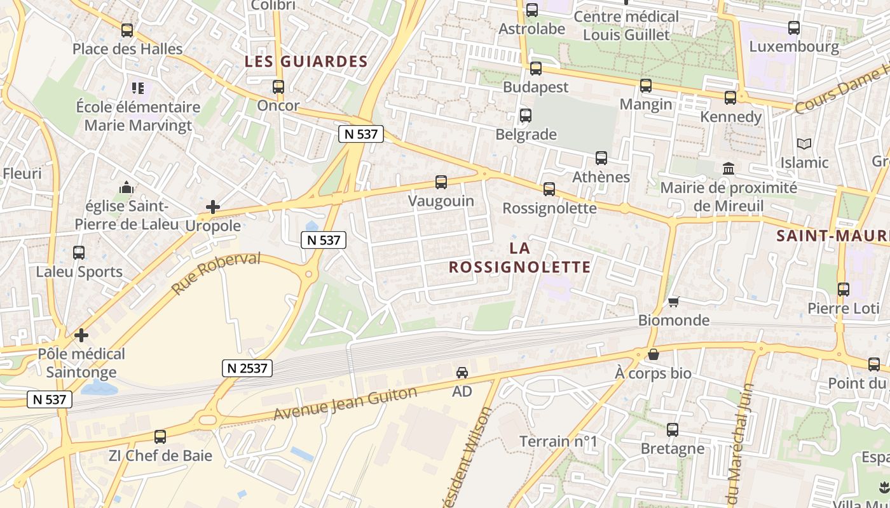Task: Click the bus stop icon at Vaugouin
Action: coord(441,183)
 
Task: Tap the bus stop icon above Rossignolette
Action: coord(549,189)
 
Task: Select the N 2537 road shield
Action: coord(247,368)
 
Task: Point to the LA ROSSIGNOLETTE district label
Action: coord(520,257)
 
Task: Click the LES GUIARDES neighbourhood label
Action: coord(306,62)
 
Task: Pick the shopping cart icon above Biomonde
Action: coord(673,302)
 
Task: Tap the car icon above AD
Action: coord(462,373)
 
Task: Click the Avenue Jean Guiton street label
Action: coord(346,403)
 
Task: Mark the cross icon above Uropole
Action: coord(213,207)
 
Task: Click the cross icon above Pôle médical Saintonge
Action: coord(81,335)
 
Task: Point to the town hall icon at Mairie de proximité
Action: coord(729,169)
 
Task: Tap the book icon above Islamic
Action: coord(804,144)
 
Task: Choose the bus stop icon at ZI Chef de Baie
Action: coord(160,437)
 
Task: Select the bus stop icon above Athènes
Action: coord(601,158)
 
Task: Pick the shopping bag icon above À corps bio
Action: coord(653,354)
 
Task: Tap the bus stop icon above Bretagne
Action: coord(673,430)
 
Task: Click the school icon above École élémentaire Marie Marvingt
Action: coord(138,88)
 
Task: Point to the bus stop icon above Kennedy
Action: coord(730,98)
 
